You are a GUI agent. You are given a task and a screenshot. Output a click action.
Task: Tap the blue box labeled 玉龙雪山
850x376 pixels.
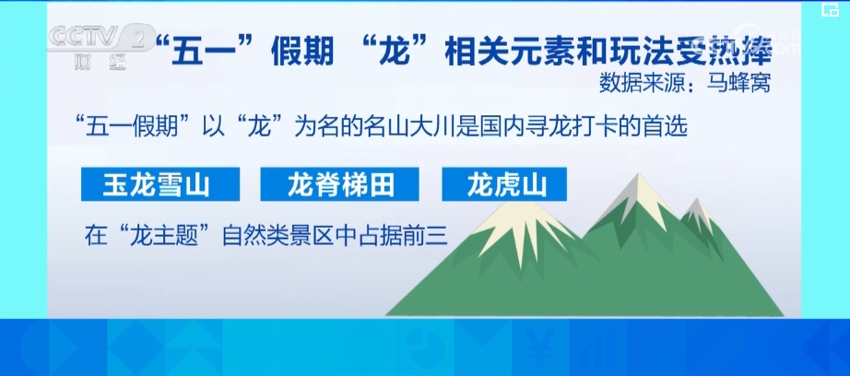tap(160, 184)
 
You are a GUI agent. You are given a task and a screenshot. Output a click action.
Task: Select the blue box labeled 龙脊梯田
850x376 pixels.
tap(340, 184)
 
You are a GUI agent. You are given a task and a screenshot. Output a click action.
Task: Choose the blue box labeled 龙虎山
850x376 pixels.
tap(504, 184)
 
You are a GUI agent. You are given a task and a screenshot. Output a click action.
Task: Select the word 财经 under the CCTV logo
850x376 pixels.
tap(100, 63)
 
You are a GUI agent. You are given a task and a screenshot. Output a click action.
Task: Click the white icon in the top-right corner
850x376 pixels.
tap(830, 10)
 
